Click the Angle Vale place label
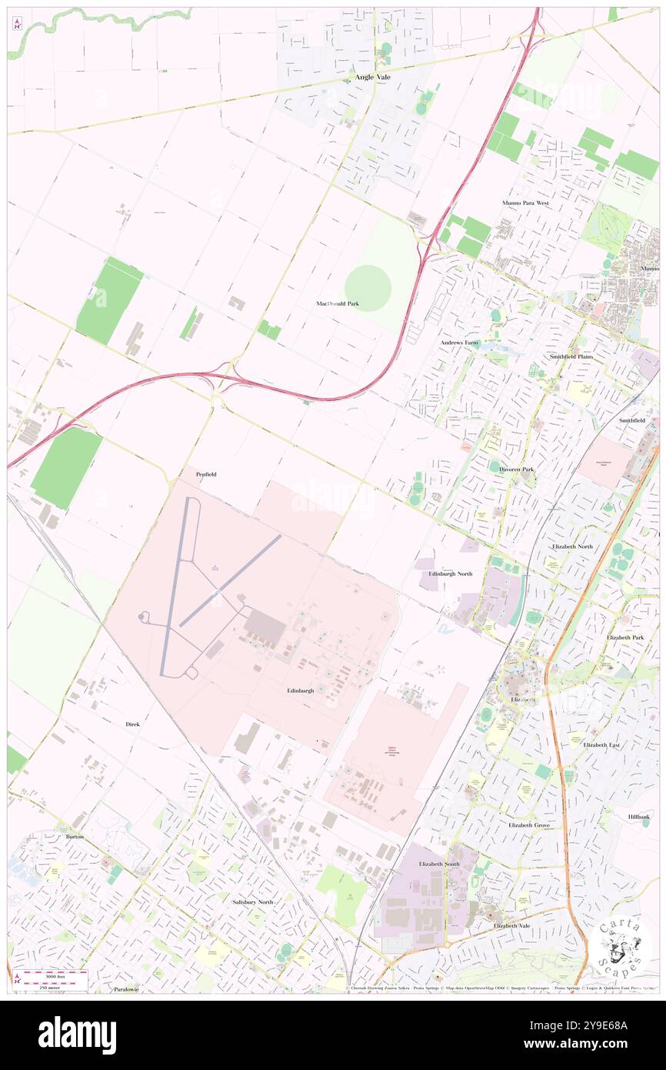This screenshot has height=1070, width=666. tap(373, 77)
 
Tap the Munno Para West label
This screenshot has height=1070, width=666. tap(525, 203)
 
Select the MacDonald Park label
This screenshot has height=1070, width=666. tap(338, 304)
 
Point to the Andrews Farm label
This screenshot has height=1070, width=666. tap(459, 343)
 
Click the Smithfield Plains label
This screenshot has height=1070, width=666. tap(571, 357)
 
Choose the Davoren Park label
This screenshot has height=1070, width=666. tap(517, 469)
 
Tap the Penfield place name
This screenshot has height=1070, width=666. tap(206, 474)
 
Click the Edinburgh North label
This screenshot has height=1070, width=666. tap(451, 574)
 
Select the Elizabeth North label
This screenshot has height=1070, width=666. tap(573, 546)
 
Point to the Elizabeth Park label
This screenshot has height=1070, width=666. tap(625, 638)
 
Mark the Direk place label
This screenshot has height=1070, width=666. tap(133, 724)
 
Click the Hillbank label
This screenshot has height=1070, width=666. tap(638, 817)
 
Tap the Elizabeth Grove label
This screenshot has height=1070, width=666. tap(529, 825)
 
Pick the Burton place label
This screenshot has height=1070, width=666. tap(75, 836)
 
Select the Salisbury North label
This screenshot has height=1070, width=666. tap(253, 901)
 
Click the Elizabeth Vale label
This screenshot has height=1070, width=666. tap(512, 925)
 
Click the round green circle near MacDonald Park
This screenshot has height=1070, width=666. tap(368, 288)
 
